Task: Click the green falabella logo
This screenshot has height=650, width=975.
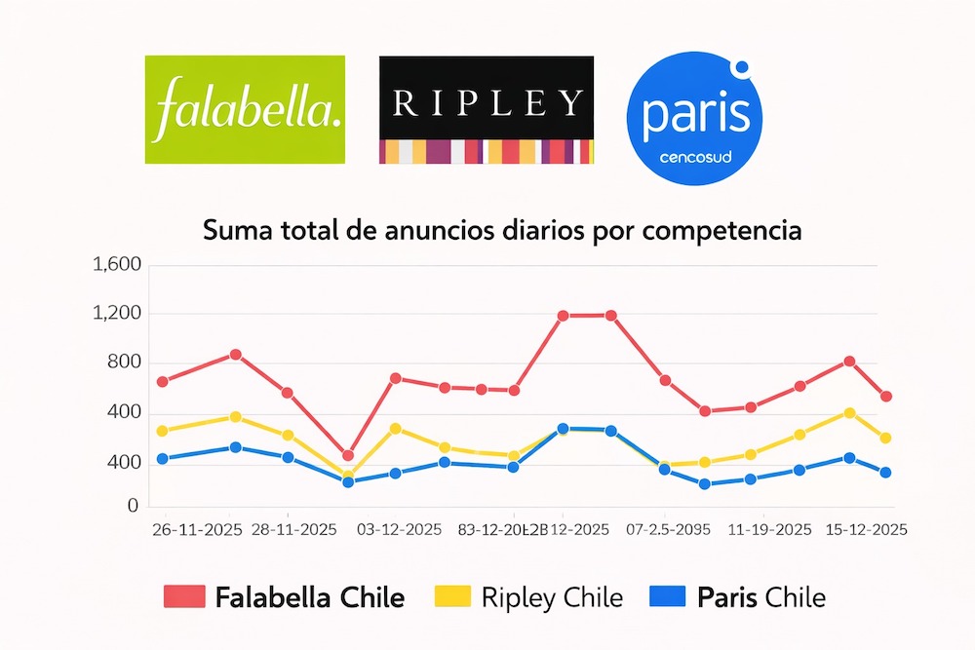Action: click(x=245, y=109)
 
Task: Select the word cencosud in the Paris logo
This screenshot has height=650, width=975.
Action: click(x=695, y=156)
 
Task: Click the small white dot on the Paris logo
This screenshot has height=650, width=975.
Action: click(x=742, y=68)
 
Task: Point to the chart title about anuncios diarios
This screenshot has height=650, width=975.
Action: click(x=502, y=232)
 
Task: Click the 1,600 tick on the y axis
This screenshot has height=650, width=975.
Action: click(x=116, y=265)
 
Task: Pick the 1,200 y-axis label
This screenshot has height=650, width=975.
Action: click(x=116, y=314)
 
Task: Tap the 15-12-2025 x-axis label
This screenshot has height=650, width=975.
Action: click(x=867, y=530)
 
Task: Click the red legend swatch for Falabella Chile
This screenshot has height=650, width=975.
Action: click(x=186, y=596)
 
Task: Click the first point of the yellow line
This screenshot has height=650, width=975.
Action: click(x=163, y=431)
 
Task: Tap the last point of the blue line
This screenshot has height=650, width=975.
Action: click(x=885, y=473)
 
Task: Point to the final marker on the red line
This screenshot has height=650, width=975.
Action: click(x=885, y=397)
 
